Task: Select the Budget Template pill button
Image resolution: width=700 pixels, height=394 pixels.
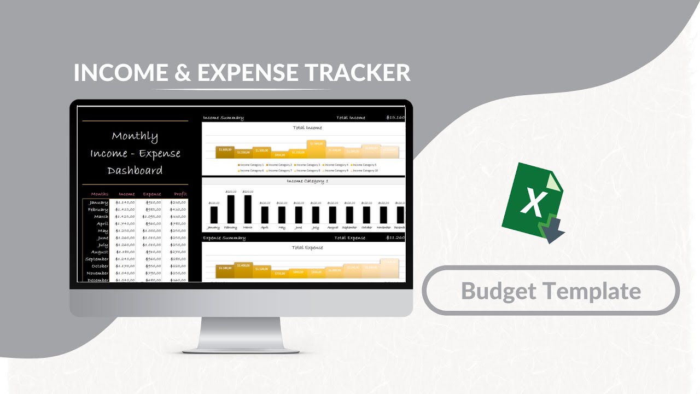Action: click(551, 291)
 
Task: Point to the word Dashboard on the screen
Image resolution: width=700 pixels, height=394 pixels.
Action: click(135, 170)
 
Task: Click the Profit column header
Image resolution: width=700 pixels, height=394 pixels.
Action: click(180, 194)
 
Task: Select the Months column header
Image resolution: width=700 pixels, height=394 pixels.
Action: click(100, 194)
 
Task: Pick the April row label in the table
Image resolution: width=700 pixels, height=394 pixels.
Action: click(102, 224)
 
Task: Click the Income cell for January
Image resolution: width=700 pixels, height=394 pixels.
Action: click(126, 202)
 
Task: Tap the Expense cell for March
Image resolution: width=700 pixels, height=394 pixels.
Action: click(151, 217)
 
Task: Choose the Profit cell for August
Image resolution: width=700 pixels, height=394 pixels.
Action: click(178, 252)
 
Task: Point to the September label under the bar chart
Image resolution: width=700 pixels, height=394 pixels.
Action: click(349, 227)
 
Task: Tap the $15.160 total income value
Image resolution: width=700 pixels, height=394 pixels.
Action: click(395, 118)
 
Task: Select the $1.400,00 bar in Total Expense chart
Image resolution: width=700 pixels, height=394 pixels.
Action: click(244, 269)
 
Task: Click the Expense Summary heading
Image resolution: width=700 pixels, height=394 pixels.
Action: click(224, 238)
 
